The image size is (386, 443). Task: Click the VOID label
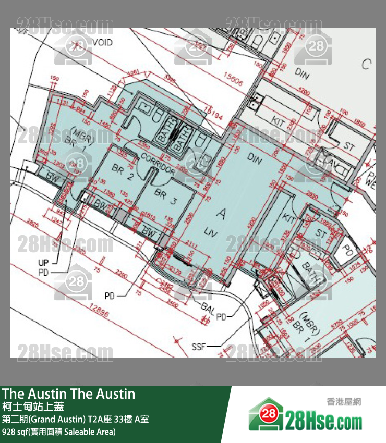(102, 42)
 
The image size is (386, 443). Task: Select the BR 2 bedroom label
(123, 171)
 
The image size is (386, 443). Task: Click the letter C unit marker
(367, 64)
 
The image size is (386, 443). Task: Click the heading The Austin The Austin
(68, 394)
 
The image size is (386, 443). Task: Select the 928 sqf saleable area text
(58, 432)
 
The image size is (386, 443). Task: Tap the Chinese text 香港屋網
(344, 402)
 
